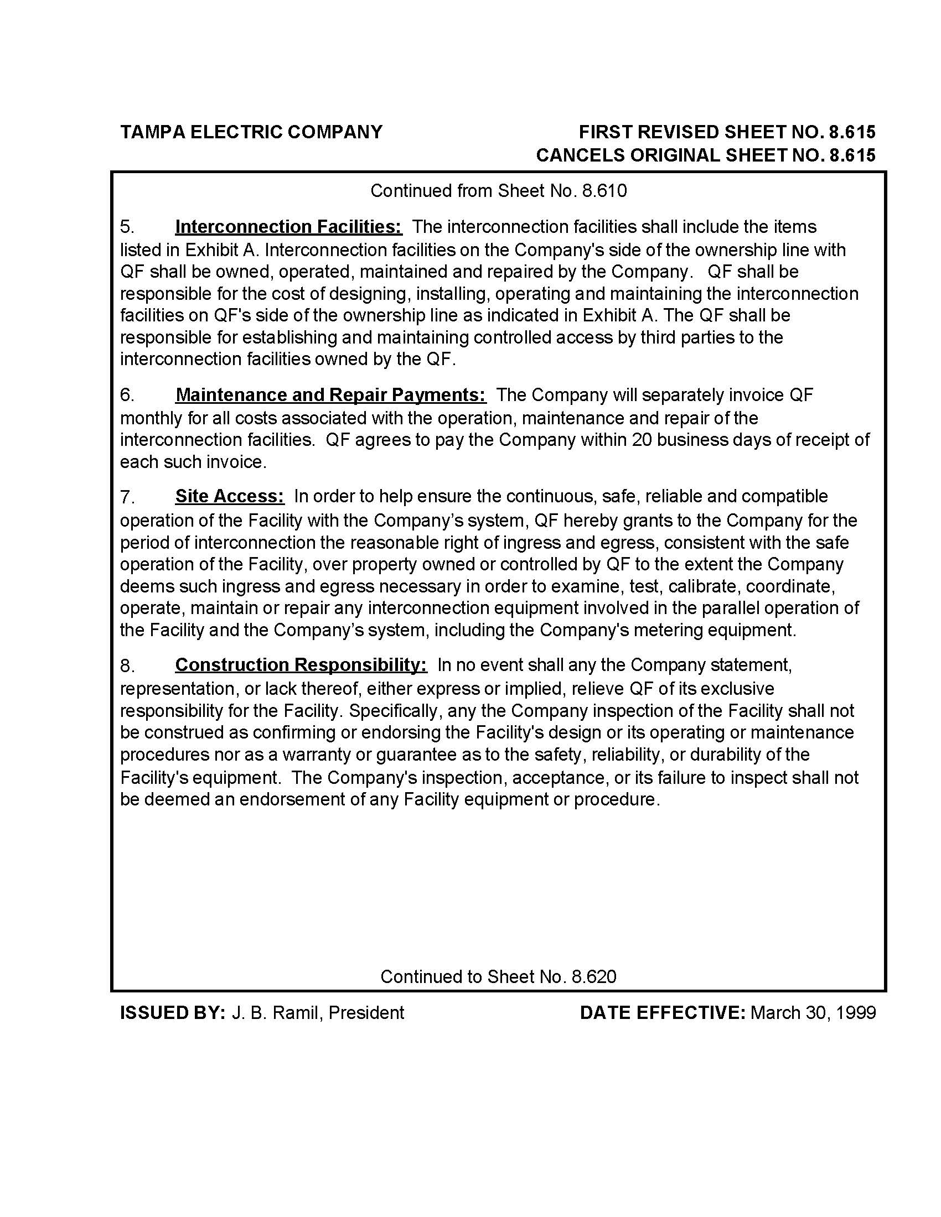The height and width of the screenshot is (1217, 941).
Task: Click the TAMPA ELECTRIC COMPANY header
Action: click(x=251, y=132)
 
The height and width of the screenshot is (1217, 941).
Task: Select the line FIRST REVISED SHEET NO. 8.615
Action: click(x=727, y=132)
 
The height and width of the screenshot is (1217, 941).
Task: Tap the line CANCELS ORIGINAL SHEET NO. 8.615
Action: click(x=705, y=155)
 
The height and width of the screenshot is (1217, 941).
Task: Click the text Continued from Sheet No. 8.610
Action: click(x=498, y=191)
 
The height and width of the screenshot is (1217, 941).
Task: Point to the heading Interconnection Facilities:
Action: click(x=288, y=227)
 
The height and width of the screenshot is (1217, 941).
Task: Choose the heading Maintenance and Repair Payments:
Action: click(x=330, y=395)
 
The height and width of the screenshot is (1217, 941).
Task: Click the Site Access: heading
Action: click(x=230, y=496)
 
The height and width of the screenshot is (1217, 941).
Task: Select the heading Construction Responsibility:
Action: click(x=301, y=665)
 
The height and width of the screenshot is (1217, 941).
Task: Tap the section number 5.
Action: click(x=127, y=227)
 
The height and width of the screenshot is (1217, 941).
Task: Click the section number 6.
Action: click(x=127, y=396)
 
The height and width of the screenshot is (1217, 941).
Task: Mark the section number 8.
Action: click(x=127, y=665)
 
